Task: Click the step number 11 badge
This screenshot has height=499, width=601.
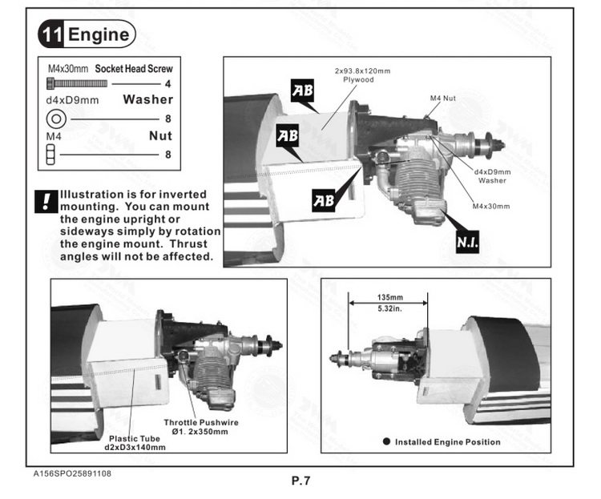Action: pos(52,34)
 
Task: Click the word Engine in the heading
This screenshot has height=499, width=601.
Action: pos(99,34)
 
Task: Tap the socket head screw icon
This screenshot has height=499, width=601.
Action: pos(77,83)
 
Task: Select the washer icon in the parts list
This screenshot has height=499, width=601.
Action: pos(56,119)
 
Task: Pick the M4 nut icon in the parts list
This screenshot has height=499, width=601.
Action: pos(50,154)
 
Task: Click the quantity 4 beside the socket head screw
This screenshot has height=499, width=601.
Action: pos(167,84)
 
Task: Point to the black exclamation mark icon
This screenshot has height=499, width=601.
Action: pos(46,201)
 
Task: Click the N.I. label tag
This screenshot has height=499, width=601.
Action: pos(467,241)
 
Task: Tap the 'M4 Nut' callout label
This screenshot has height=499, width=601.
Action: pos(442,98)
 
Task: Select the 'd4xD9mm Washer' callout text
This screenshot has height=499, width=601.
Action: pos(492,176)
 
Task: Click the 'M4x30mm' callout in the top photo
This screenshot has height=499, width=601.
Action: pos(491,206)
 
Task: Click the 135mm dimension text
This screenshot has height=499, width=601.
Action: pos(389,297)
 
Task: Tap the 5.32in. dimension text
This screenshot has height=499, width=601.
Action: pos(389,308)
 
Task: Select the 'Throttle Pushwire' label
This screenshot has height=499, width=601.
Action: pos(201,422)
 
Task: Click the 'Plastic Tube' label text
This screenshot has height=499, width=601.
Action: pos(134,438)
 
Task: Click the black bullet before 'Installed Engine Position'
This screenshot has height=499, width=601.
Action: pos(386,441)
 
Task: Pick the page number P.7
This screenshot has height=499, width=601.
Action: pos(300,481)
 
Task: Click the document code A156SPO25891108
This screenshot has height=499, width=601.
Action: pos(72,473)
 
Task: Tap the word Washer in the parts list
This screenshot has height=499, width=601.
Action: pos(148,99)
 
